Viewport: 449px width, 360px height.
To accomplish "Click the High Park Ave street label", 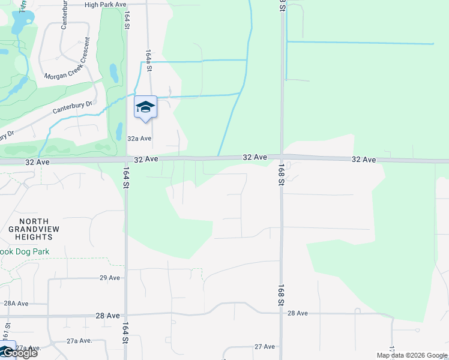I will pos(106,4).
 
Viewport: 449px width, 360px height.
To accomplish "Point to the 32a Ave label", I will pos(139,138).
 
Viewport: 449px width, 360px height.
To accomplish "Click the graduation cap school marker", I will pos(145,107).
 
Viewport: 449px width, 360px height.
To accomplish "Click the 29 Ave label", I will pos(110,278).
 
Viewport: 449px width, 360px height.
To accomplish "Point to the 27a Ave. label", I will pos(79,341).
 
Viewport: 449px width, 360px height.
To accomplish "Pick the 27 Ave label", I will pos(264,347).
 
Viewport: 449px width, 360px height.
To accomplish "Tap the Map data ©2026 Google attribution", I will pos(412,355).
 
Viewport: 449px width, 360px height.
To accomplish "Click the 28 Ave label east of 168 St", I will pos(298,313).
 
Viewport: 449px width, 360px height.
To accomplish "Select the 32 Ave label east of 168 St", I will pos(364,160).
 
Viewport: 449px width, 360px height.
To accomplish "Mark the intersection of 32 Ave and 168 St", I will pos(281,158).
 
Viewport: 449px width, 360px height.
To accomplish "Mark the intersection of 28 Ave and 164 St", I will pos(126,314).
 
